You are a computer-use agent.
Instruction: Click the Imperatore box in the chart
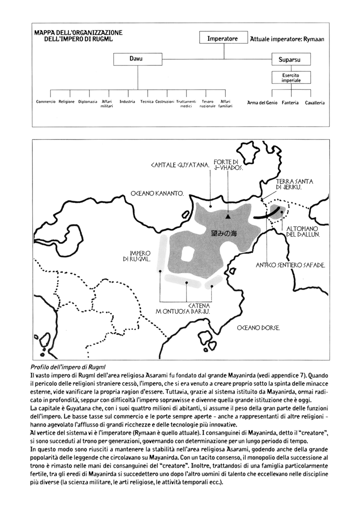coord(222,39)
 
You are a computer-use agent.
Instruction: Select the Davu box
coord(138,59)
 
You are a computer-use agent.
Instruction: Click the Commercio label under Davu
coord(46,102)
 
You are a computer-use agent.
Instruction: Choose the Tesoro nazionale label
coord(208,104)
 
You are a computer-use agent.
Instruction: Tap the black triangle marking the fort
coord(228,216)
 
